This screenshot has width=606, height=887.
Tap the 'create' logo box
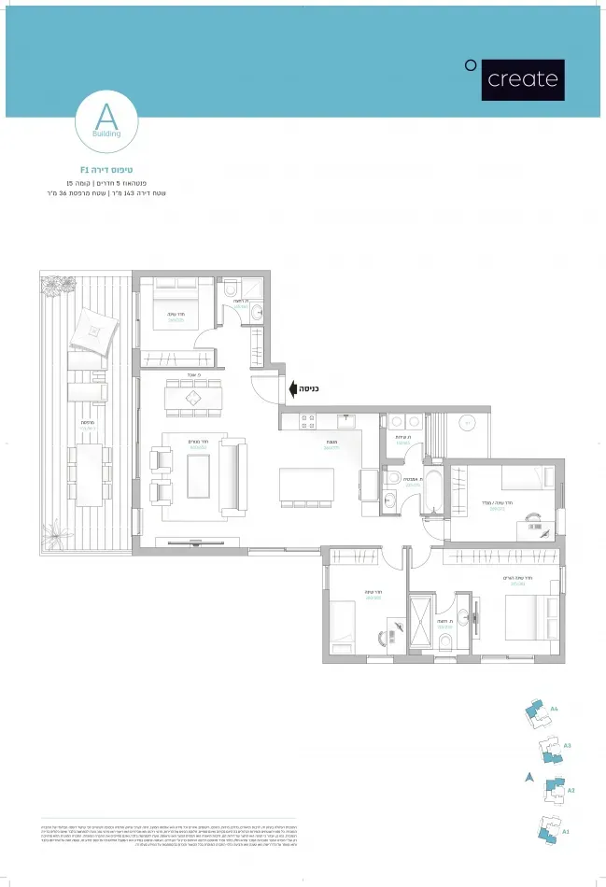pos(523,78)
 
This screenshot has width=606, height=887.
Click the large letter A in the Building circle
pos(106,117)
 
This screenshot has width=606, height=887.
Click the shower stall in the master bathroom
pos(420,618)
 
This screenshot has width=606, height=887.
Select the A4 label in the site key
pos(554,710)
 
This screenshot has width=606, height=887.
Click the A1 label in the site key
pos(566,831)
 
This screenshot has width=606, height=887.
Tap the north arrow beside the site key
pos(528,777)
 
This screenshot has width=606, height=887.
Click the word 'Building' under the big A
pos(106,134)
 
